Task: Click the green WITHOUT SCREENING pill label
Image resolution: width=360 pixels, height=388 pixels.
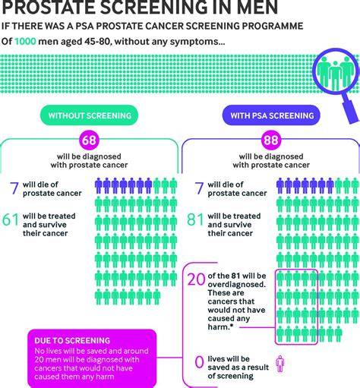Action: click(x=89, y=115)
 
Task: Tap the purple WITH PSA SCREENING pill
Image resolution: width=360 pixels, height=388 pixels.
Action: click(x=271, y=115)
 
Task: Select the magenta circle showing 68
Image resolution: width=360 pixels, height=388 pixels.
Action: click(x=89, y=140)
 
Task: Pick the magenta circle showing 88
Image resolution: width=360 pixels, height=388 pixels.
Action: click(x=271, y=140)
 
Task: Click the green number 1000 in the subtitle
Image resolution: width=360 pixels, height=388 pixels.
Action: click(x=25, y=41)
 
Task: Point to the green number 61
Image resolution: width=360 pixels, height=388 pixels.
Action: click(x=11, y=219)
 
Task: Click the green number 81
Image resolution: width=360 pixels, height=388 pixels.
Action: click(x=195, y=219)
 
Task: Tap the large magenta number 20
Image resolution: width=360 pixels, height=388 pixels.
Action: click(x=196, y=279)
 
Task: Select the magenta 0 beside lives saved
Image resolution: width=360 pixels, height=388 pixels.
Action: click(x=199, y=362)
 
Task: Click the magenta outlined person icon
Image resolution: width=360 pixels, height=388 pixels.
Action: click(x=280, y=364)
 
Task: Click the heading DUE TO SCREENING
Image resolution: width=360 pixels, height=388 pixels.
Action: click(x=72, y=340)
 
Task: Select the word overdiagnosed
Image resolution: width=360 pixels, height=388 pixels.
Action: click(x=237, y=284)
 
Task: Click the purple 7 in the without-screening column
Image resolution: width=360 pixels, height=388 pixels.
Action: click(x=14, y=188)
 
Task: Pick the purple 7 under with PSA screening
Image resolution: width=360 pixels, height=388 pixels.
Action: click(x=199, y=188)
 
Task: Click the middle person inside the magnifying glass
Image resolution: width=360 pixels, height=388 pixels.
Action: click(x=335, y=75)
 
